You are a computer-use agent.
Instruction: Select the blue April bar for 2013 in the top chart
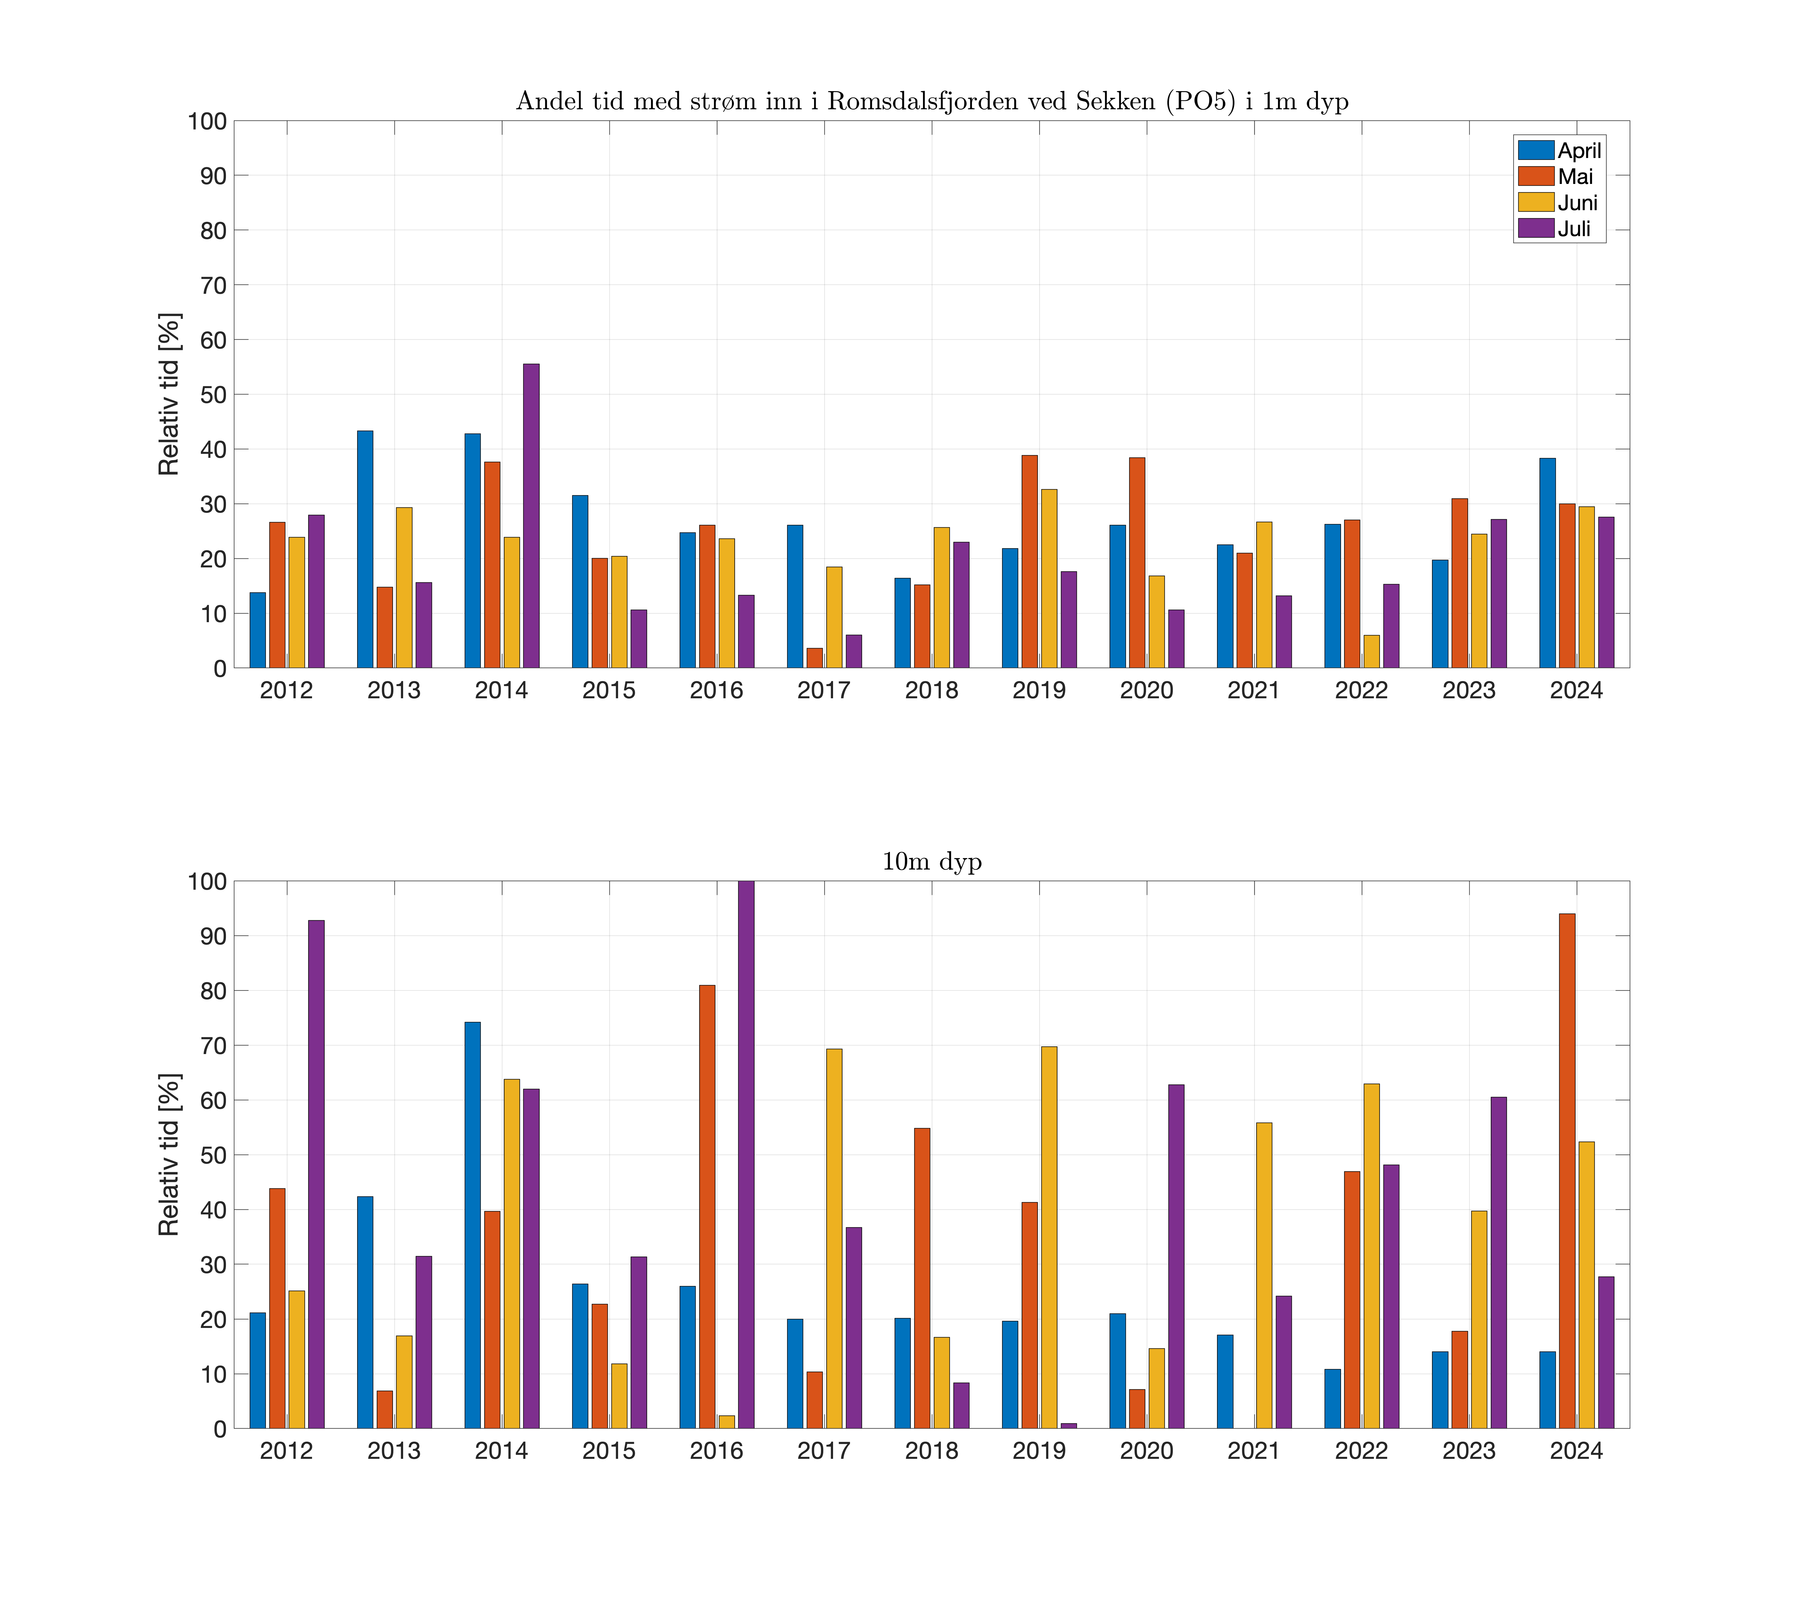pos(365,549)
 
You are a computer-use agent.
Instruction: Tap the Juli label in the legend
pos(1575,229)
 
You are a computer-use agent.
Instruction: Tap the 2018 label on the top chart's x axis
pos(932,690)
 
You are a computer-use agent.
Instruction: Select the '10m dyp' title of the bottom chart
pos(932,861)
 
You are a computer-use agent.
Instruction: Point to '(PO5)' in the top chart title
pos(1201,101)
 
